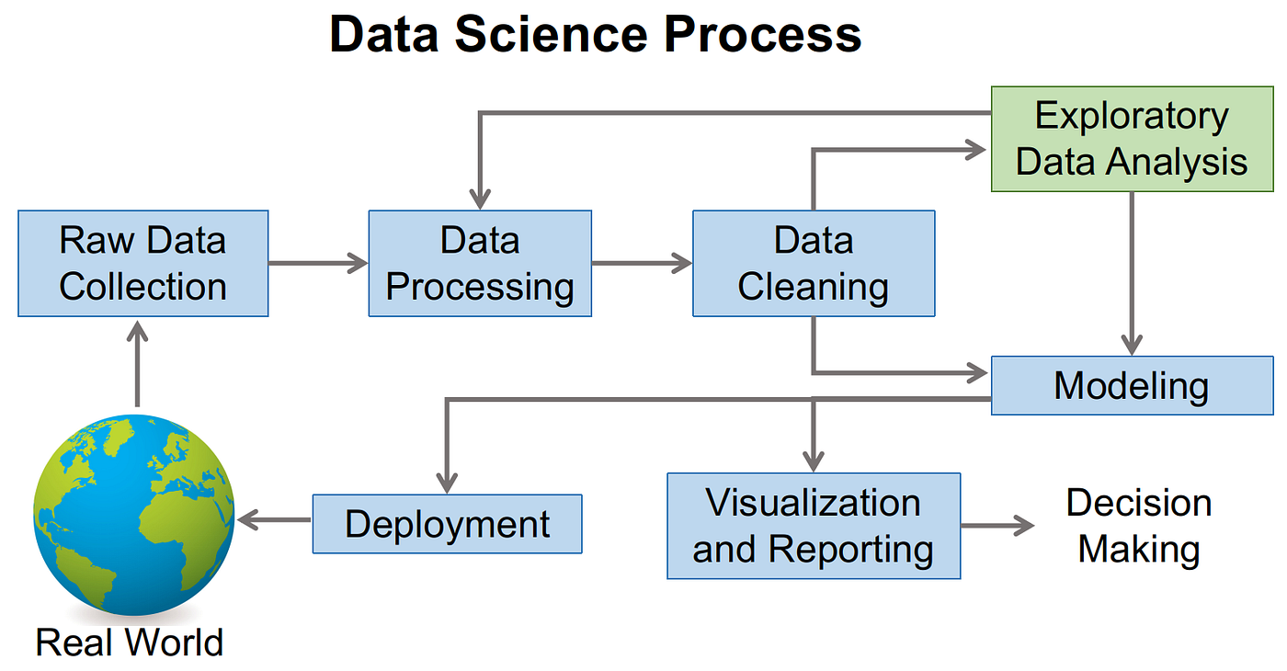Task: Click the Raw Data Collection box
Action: [142, 264]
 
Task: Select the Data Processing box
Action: [480, 264]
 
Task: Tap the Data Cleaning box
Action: [814, 264]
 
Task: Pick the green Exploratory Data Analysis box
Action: [1132, 139]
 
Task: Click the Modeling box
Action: [1132, 385]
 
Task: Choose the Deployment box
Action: [447, 524]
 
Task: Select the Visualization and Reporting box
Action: [814, 526]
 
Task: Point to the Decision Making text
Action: [1139, 526]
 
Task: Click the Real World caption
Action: [130, 642]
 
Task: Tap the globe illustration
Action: [134, 515]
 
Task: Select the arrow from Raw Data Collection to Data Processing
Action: [318, 264]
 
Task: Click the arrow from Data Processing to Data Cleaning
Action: [642, 264]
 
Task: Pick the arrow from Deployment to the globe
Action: [274, 520]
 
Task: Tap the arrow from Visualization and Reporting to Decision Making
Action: [997, 526]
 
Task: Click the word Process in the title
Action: [764, 34]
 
